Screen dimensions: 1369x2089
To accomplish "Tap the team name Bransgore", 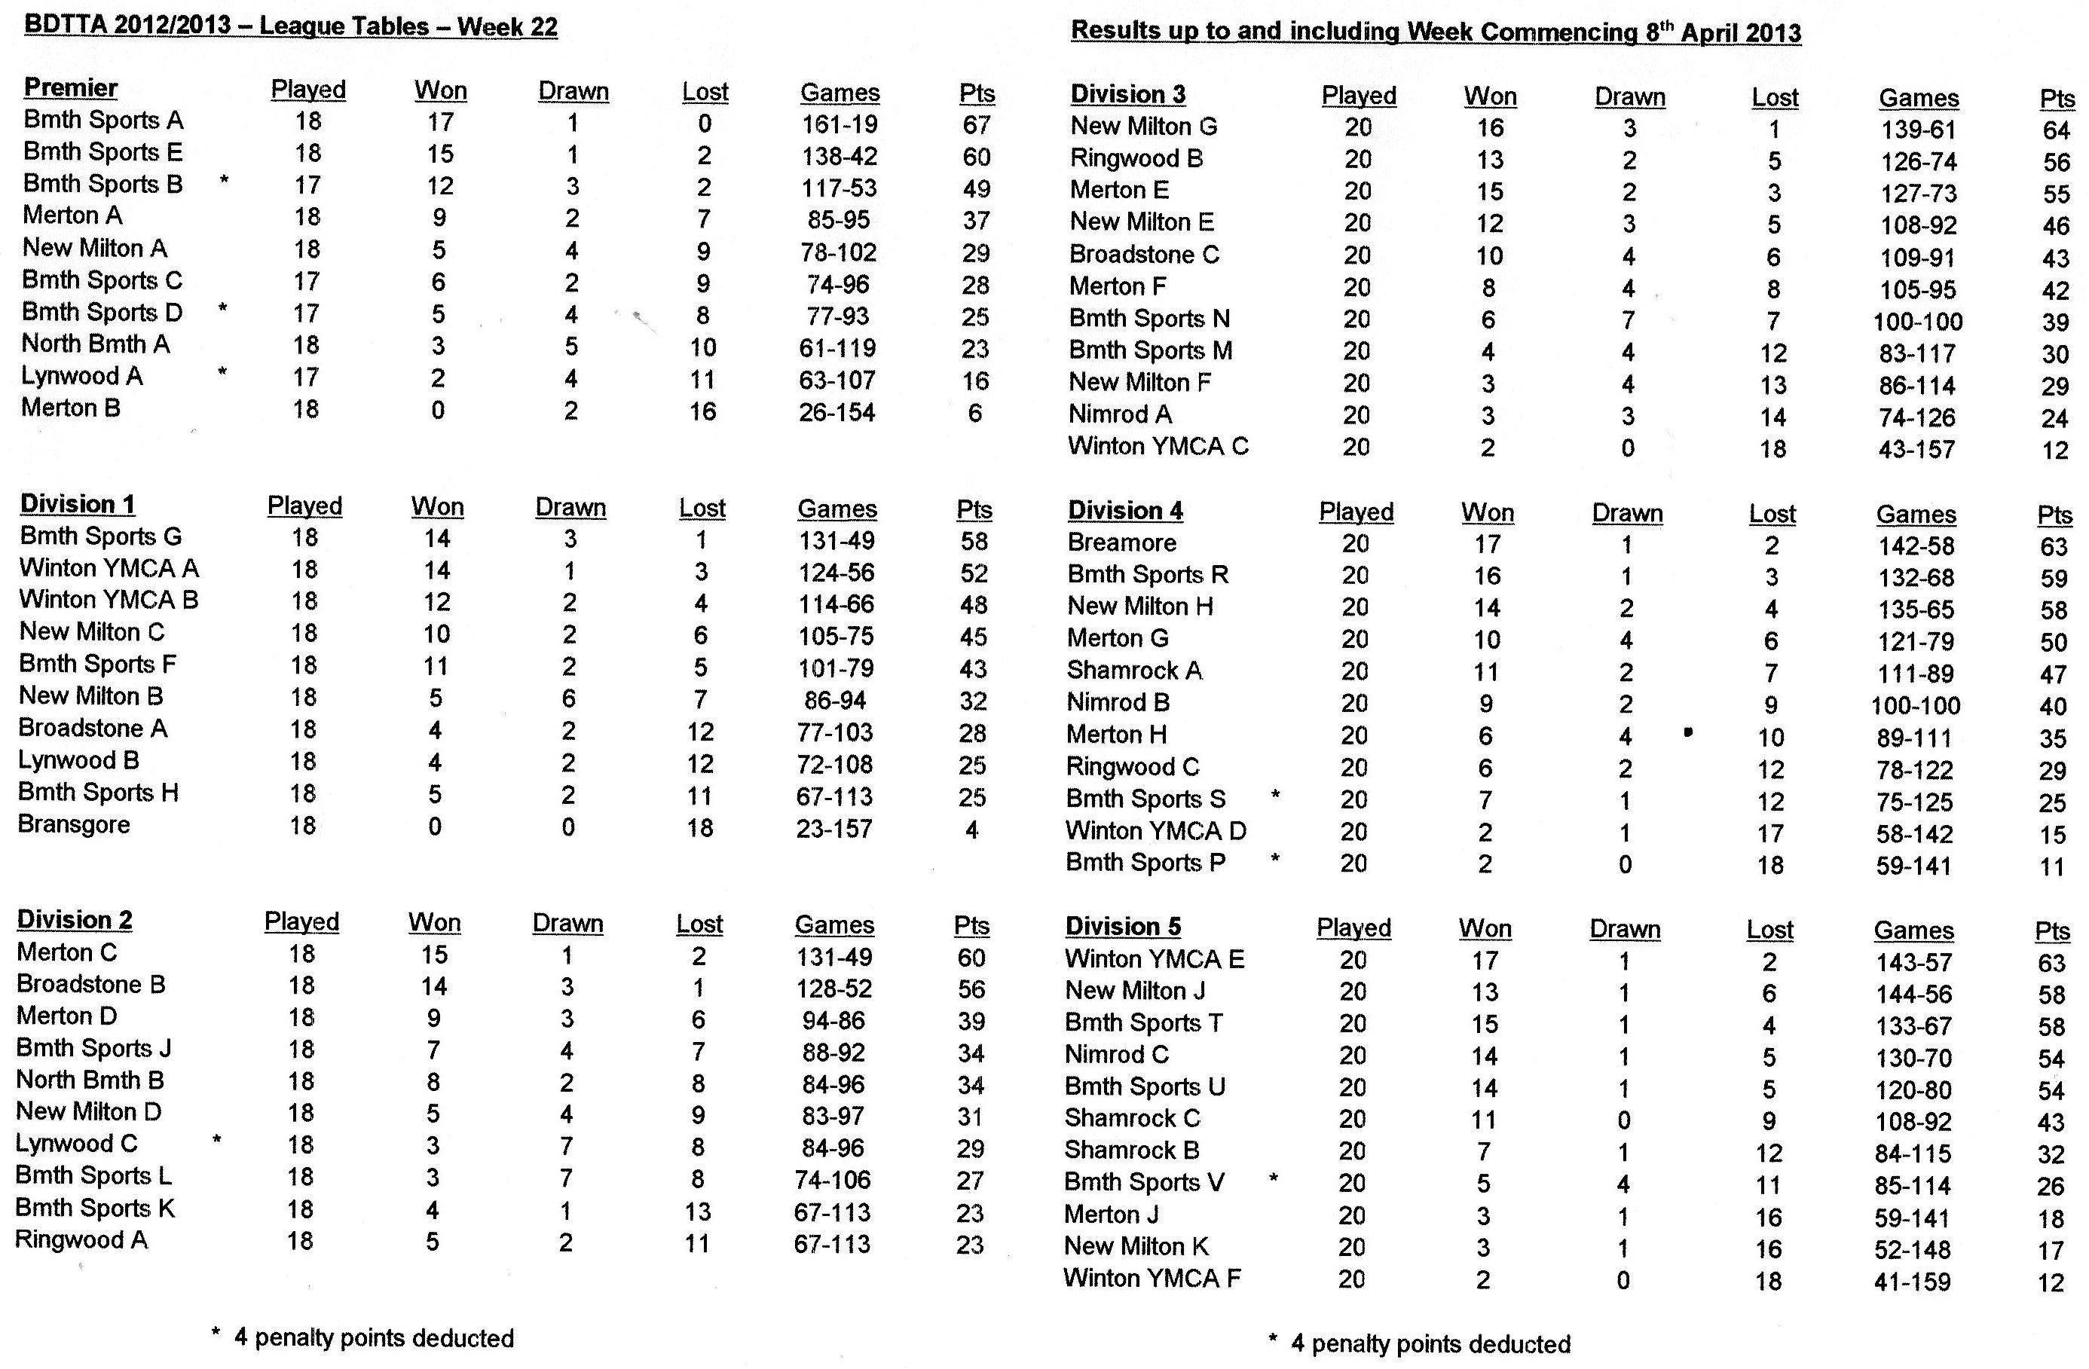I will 74,825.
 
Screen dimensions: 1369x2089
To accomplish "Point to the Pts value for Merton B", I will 974,412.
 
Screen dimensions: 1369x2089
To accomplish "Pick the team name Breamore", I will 1121,542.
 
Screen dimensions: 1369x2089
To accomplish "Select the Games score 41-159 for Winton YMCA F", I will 1912,1282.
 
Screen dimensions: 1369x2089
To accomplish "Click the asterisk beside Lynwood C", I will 217,1141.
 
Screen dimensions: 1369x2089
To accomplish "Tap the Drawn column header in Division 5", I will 1624,929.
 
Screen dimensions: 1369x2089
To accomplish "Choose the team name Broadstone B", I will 90,984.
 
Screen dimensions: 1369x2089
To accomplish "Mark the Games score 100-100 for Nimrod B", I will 1915,705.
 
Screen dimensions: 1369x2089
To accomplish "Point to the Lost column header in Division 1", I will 702,508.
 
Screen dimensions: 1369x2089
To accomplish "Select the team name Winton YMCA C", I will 1158,446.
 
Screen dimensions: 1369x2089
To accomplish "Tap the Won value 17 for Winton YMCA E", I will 1485,960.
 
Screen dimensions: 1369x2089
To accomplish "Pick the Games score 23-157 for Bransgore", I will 833,829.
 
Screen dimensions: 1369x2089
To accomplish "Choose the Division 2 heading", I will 75,920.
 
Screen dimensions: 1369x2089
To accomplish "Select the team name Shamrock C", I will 1131,1118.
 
